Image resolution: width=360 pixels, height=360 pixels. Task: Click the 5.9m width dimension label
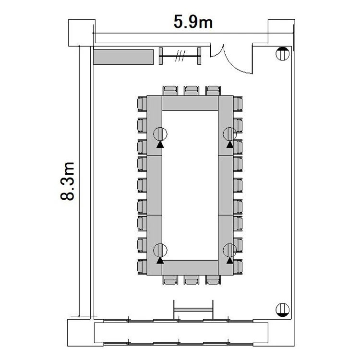pyautogui.click(x=193, y=22)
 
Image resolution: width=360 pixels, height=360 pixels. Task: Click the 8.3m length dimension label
pyautogui.click(x=68, y=181)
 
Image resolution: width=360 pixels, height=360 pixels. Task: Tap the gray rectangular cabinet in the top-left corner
pyautogui.click(x=123, y=57)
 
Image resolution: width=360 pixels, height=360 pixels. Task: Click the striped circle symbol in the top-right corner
pyautogui.click(x=282, y=54)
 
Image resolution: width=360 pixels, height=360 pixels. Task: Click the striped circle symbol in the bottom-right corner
pyautogui.click(x=282, y=310)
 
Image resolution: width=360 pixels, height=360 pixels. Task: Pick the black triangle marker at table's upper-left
pyautogui.click(x=160, y=144)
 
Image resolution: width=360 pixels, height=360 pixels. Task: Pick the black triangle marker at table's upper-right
pyautogui.click(x=229, y=144)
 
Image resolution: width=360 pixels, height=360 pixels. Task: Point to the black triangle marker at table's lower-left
pyautogui.click(x=160, y=260)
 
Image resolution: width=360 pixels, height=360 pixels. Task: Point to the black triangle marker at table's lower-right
pyautogui.click(x=229, y=260)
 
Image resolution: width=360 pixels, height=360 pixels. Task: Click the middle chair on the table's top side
pyautogui.click(x=192, y=91)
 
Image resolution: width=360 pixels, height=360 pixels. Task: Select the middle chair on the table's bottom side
pyautogui.click(x=192, y=280)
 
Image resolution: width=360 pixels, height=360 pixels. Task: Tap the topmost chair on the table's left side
pyautogui.click(x=142, y=104)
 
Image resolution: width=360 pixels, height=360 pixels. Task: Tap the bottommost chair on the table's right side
pyautogui.click(x=238, y=267)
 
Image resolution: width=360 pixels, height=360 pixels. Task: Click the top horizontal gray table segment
pyautogui.click(x=190, y=103)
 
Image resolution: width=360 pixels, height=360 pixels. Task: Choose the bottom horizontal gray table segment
pyautogui.click(x=190, y=268)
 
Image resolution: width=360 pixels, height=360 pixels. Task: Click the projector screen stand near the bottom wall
pyautogui.click(x=193, y=310)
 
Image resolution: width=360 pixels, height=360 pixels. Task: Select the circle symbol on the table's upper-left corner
pyautogui.click(x=160, y=134)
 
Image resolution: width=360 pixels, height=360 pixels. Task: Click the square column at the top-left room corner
pyautogui.click(x=82, y=33)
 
